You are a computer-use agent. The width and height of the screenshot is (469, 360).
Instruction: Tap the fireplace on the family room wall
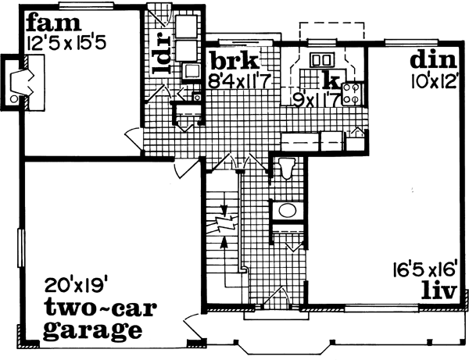click(x=19, y=80)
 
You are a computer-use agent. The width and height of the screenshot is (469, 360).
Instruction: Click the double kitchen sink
click(x=320, y=59)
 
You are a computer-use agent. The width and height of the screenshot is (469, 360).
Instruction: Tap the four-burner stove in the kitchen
click(x=352, y=94)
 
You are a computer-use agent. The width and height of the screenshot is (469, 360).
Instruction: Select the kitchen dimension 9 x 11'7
click(x=316, y=98)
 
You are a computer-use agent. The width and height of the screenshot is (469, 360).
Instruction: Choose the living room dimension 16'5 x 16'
click(x=426, y=271)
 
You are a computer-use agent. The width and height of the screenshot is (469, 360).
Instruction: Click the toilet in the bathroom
click(x=285, y=168)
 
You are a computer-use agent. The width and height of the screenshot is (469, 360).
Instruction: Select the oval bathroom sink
click(x=287, y=210)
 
